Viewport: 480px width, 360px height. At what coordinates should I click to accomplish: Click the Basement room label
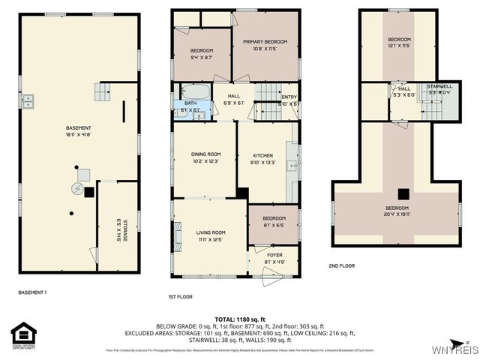[x=78, y=130]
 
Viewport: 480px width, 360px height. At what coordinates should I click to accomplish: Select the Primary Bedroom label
[x=265, y=45]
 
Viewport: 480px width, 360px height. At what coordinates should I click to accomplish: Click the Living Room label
[x=211, y=235]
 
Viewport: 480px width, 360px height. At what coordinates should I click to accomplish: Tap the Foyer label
[x=274, y=258]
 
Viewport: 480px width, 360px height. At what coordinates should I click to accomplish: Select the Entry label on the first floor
[x=289, y=100]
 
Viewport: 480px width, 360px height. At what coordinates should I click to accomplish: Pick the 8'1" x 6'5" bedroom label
[x=274, y=221]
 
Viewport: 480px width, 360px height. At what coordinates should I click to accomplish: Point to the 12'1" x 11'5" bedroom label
[x=399, y=42]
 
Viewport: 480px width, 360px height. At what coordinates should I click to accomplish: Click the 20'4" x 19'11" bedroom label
[x=397, y=211]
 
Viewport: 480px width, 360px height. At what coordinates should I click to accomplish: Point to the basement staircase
[x=102, y=92]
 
